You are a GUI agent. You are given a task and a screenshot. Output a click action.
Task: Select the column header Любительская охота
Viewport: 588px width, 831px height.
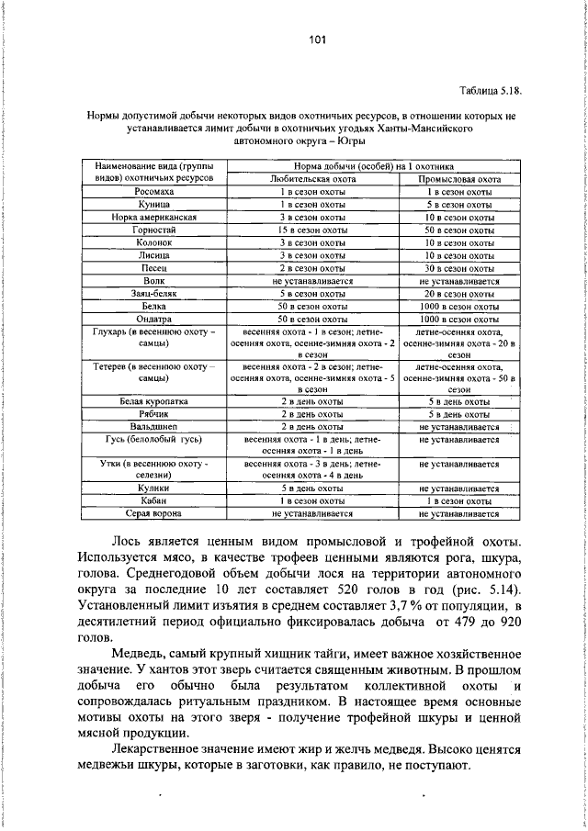pyautogui.click(x=312, y=178)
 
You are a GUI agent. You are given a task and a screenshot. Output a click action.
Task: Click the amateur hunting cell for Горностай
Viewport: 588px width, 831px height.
pyautogui.click(x=312, y=230)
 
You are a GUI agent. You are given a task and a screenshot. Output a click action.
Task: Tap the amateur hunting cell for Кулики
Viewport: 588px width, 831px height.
pyautogui.click(x=312, y=489)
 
